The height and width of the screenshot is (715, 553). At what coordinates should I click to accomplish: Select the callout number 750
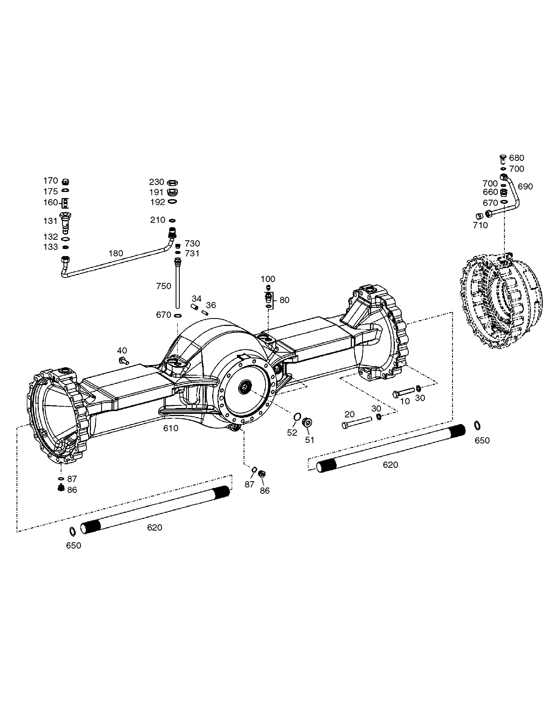point(164,286)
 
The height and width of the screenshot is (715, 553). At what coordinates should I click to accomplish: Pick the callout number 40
point(122,351)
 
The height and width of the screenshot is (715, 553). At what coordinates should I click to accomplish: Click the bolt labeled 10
point(404,392)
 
